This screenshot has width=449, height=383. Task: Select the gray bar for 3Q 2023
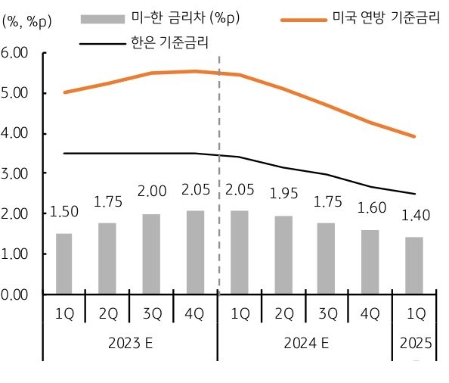(151, 254)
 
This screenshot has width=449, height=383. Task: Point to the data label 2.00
(151, 192)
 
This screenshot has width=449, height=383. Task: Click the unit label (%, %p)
(27, 21)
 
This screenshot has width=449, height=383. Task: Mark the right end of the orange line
(414, 136)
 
